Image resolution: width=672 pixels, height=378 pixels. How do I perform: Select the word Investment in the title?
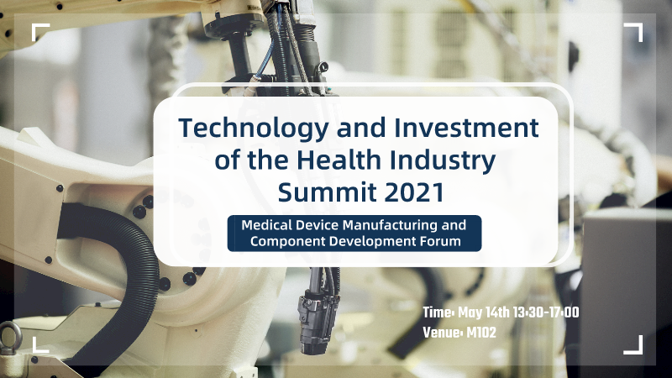466,128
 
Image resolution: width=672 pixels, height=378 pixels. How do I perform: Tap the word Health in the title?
339,160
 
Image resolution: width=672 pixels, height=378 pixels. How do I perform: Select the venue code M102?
480,333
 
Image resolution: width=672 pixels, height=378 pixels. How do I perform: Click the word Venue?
442,333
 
